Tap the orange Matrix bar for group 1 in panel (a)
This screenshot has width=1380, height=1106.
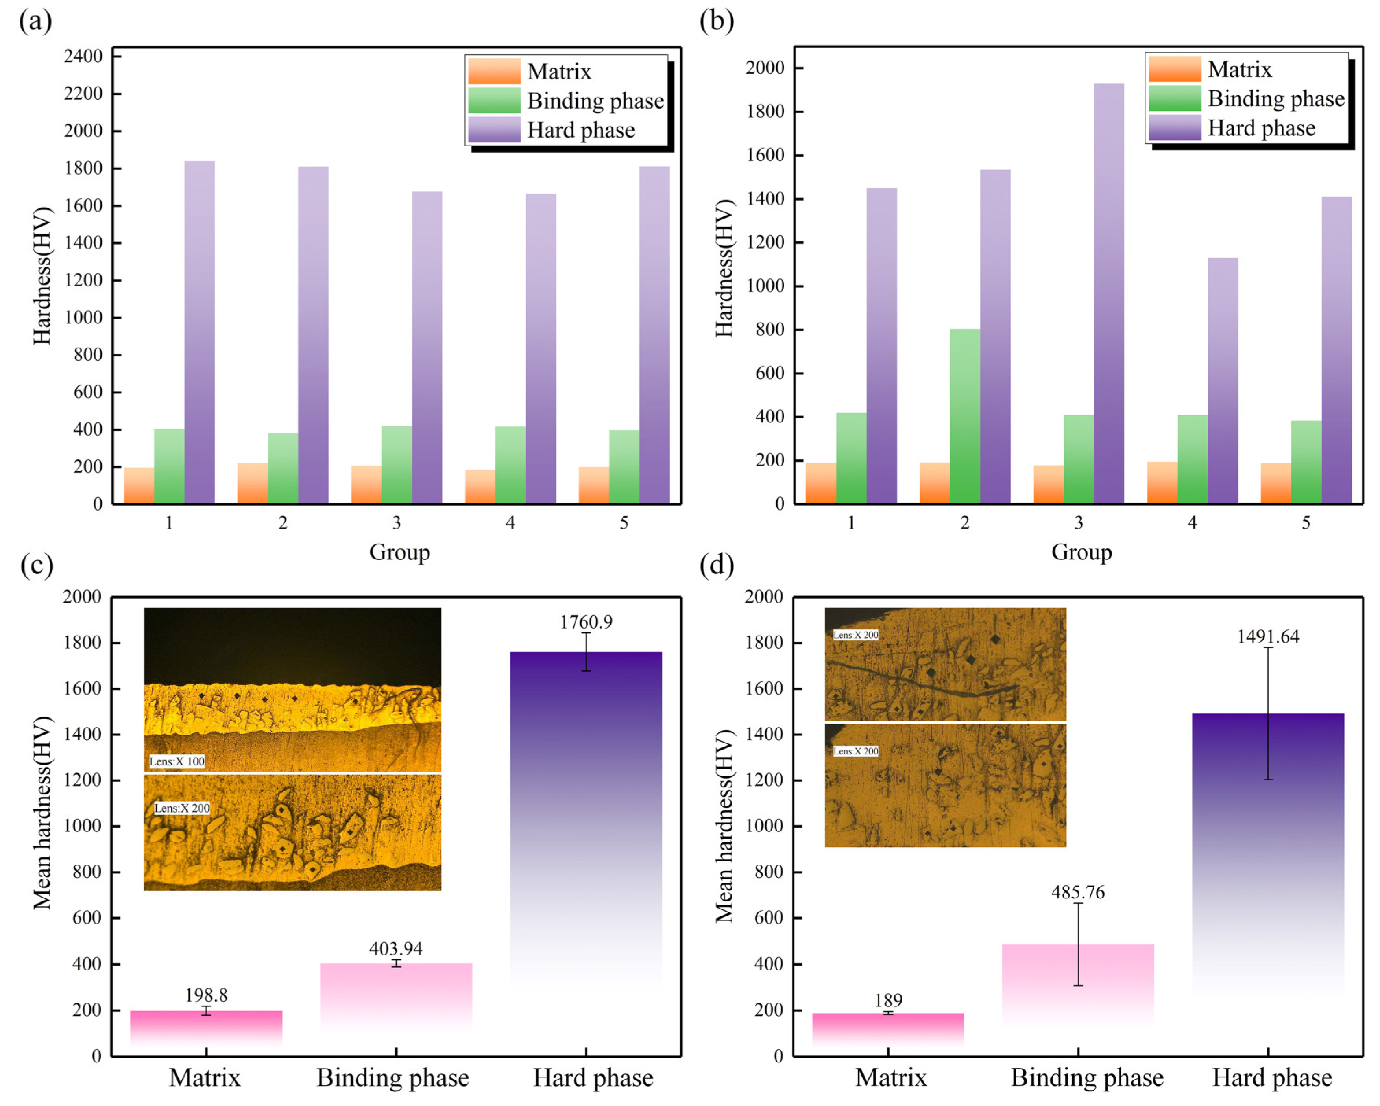pos(139,486)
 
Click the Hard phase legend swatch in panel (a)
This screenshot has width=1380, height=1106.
pos(494,130)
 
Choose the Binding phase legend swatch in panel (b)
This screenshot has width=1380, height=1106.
pos(1175,98)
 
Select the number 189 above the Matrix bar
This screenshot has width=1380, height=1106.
pos(889,1001)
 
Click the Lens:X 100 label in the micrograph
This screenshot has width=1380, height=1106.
pos(177,761)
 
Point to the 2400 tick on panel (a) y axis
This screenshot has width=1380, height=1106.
pos(83,56)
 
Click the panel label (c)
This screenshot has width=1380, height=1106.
pos(37,566)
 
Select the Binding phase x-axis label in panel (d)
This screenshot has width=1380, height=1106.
pos(1087,1078)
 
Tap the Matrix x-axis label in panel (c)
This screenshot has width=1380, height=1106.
pos(205,1078)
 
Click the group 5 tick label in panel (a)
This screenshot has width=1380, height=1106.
pos(623,523)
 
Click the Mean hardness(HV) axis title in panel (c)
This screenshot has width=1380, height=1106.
pos(42,812)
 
